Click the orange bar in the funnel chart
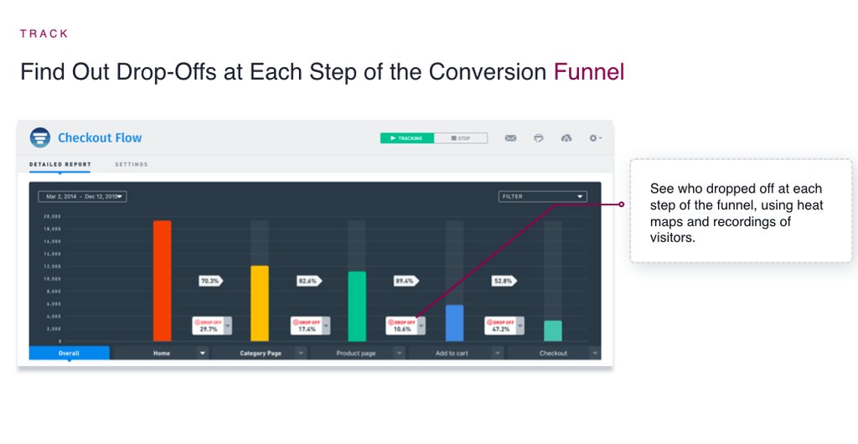pyautogui.click(x=162, y=281)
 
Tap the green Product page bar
pyautogui.click(x=357, y=306)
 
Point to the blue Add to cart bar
pyautogui.click(x=454, y=323)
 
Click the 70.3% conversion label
pyautogui.click(x=209, y=281)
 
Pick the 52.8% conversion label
pyautogui.click(x=503, y=281)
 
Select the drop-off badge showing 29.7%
pyautogui.click(x=208, y=326)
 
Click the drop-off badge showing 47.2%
pyautogui.click(x=500, y=326)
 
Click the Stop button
pyautogui.click(x=461, y=138)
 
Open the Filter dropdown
pyautogui.click(x=542, y=197)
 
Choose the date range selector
pyautogui.click(x=82, y=197)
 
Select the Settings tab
pyautogui.click(x=132, y=164)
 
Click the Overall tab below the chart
pyautogui.click(x=69, y=354)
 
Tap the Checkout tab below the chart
pyautogui.click(x=553, y=354)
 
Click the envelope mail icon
pyautogui.click(x=510, y=138)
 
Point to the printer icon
pyautogui.click(x=539, y=138)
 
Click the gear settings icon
pyautogui.click(x=594, y=138)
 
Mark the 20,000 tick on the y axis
pyautogui.click(x=53, y=216)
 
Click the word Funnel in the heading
pyautogui.click(x=589, y=72)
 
